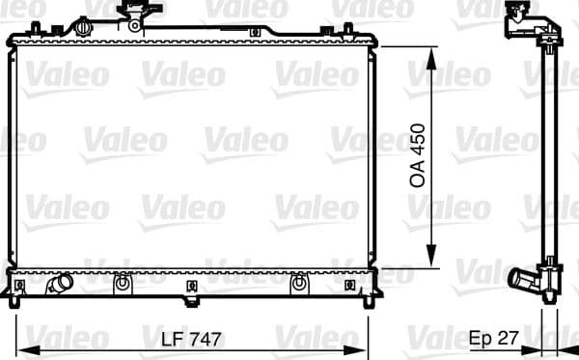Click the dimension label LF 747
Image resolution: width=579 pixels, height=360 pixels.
point(192,340)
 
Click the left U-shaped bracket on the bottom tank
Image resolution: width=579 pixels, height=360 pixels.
point(122,284)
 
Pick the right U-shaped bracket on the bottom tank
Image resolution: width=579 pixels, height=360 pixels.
point(299,284)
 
